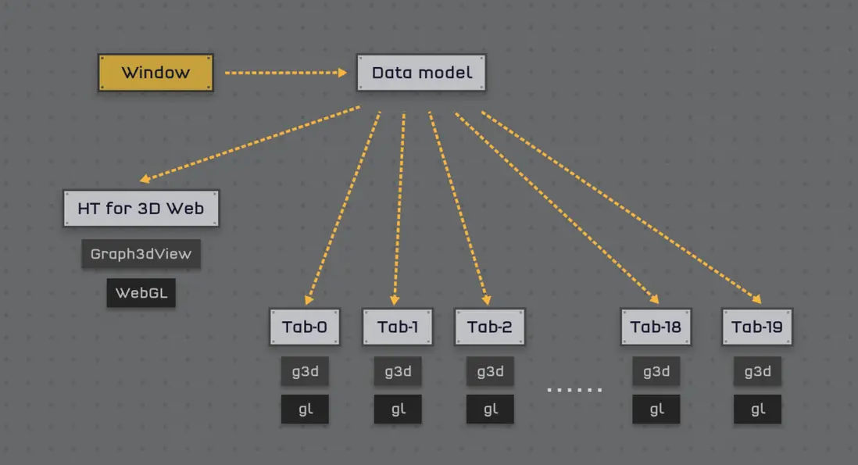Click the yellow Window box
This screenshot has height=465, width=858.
point(156,72)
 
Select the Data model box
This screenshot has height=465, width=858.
point(421,72)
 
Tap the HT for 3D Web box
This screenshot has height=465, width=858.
point(141,209)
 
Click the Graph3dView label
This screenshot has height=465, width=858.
point(141,254)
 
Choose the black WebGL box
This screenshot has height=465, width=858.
point(141,292)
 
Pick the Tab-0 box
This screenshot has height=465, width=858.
point(305,327)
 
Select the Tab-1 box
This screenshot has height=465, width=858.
point(398,327)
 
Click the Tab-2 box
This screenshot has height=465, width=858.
point(490,327)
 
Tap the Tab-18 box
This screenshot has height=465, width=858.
point(656,327)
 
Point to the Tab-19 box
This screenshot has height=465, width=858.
point(757,327)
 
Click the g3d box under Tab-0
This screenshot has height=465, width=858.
point(305,371)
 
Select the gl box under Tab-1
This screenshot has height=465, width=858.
point(398,410)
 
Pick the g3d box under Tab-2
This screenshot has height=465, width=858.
point(490,371)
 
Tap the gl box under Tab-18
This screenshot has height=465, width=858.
point(656,410)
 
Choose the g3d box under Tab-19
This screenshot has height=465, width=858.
point(757,371)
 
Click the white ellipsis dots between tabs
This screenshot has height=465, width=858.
point(574,389)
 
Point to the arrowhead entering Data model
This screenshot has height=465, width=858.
point(342,73)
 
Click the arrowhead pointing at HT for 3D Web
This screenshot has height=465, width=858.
point(145,178)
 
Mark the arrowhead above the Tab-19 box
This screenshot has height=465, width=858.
point(756,299)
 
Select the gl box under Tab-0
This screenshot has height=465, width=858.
point(305,410)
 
